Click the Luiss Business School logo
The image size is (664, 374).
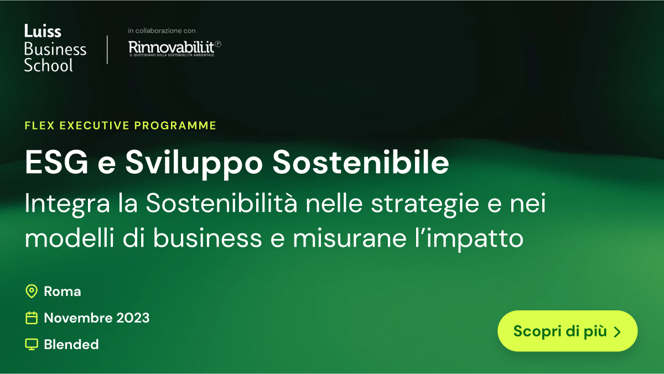tap(55, 48)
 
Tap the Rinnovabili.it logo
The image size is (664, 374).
tap(175, 48)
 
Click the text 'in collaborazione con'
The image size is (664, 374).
tap(162, 30)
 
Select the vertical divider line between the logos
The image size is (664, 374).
tap(107, 49)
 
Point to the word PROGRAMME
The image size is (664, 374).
tap(175, 126)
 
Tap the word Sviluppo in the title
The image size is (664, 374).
tap(194, 164)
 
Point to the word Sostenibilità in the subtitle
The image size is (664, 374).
tap(221, 202)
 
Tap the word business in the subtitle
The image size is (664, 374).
tap(207, 238)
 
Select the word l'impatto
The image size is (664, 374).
tap(469, 240)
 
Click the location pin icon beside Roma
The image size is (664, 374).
tap(32, 292)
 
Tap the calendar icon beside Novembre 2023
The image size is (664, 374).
tap(32, 318)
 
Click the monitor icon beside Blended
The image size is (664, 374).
tap(32, 344)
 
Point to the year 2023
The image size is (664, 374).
tap(133, 318)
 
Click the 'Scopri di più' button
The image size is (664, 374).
tap(567, 331)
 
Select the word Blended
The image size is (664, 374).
tap(71, 344)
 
